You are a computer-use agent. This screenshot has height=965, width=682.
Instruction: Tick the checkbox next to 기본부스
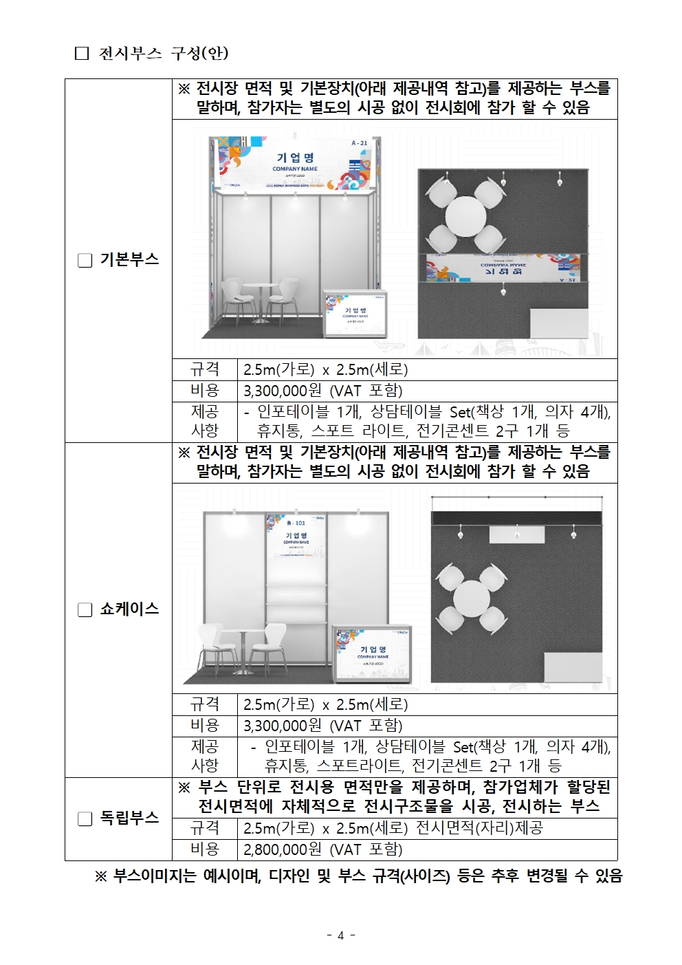pos(85,261)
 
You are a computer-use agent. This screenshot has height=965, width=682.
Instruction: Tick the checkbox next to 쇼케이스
pos(85,610)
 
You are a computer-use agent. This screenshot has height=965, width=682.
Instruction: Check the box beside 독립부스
pos(85,819)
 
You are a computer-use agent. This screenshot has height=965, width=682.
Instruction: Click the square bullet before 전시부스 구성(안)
pos(82,54)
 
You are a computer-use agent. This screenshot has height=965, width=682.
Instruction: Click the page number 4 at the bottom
pos(340,935)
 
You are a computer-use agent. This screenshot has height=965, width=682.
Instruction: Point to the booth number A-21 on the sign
pos(359,143)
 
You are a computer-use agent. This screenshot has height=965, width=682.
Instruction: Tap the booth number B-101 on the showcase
pos(296,523)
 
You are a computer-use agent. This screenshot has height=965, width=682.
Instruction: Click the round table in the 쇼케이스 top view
pos(472,598)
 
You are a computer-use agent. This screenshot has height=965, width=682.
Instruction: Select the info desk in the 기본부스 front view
pos(355,313)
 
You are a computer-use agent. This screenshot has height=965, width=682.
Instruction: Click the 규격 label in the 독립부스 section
pos(204,828)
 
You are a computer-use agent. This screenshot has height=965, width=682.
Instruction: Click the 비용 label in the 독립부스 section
pos(204,849)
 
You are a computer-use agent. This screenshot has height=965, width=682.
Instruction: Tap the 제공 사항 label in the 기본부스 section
pos(204,421)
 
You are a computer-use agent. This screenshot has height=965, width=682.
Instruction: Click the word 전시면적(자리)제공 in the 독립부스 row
pos(479,828)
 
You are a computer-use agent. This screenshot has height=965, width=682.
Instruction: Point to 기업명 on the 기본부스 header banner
pos(295,158)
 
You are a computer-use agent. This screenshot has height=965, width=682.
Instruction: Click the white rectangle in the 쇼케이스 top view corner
pos(573,667)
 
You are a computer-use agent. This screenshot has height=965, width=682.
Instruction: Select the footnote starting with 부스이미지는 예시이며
pos(358,876)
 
